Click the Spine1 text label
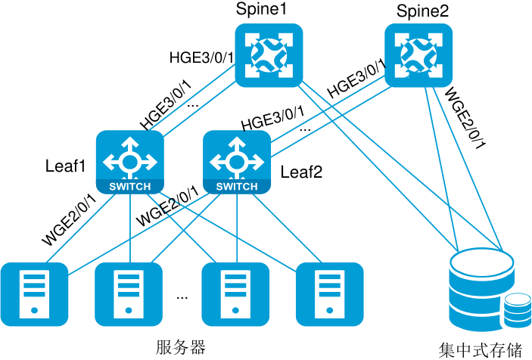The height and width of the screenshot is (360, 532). pos(261,9)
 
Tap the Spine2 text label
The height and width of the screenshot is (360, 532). pos(422,11)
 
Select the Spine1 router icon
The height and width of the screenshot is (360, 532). pos(269,55)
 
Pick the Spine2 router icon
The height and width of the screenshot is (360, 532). pos(418,55)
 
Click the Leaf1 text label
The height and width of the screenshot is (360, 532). pos(66,166)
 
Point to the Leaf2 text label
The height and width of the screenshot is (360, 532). pos(301,172)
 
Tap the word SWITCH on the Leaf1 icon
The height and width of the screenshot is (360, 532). pos(130,187)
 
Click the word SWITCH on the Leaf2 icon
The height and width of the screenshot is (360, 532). pos(237,187)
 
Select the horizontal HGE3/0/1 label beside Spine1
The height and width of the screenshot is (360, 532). pos(201,57)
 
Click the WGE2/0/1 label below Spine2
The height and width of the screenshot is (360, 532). pos(465,118)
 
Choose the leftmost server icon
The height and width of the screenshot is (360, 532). pos(34,294)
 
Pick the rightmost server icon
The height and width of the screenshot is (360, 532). pos(330,294)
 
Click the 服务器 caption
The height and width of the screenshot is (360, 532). pos(181,347)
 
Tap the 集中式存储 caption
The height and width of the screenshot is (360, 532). pos(480,350)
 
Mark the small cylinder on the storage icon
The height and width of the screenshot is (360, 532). pos(517,311)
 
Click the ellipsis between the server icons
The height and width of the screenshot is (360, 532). pos(182,298)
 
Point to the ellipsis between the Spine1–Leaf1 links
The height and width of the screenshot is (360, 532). pos(193,106)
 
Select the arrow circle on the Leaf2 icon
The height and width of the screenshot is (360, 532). pos(237,161)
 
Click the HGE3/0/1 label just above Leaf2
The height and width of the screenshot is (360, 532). pos(272,119)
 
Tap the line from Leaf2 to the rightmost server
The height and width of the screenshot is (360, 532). pos(288,228)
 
